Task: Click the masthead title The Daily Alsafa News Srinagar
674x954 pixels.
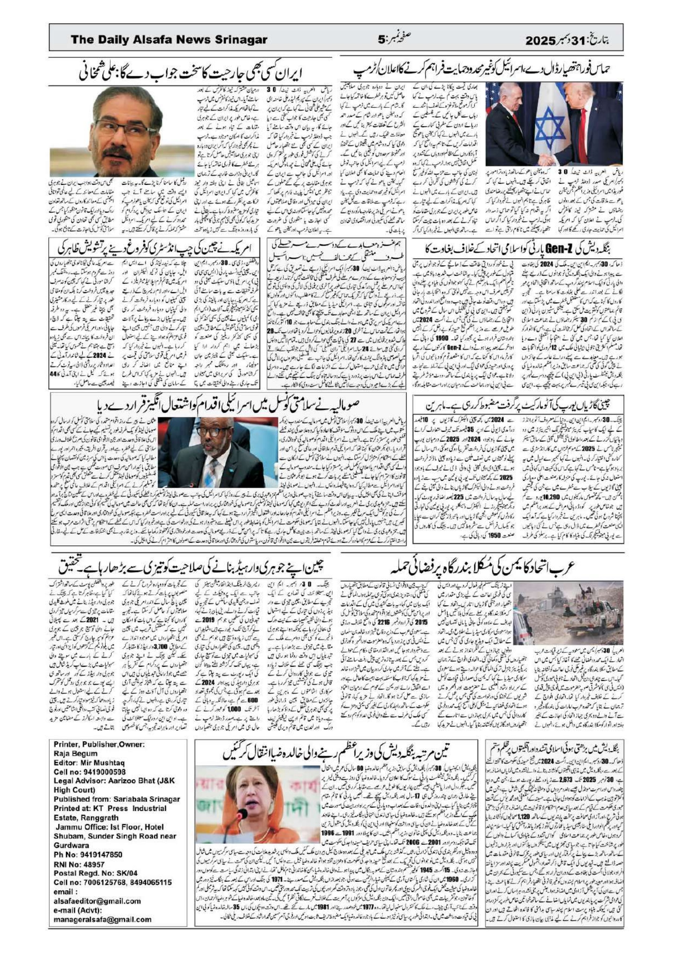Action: coord(169,40)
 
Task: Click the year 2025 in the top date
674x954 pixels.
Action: coord(540,41)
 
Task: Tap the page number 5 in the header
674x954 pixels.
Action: coord(381,40)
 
